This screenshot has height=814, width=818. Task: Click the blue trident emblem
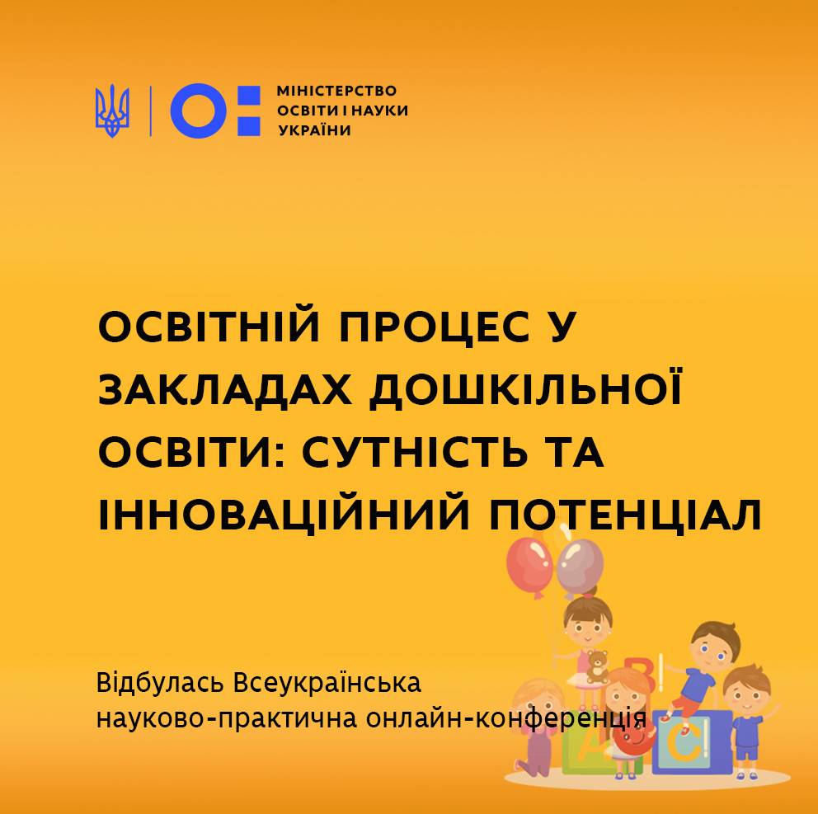(x=112, y=111)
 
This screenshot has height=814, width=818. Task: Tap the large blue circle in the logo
(x=198, y=111)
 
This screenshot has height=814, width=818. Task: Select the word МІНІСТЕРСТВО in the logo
(x=336, y=91)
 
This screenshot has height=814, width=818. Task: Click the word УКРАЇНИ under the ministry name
(x=314, y=130)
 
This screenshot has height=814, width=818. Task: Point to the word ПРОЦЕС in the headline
(x=435, y=327)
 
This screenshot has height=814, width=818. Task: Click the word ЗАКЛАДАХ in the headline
(x=225, y=390)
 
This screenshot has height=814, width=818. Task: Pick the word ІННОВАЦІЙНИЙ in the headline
(x=284, y=515)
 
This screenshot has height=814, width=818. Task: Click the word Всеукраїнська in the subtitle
(x=327, y=683)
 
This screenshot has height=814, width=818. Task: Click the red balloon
(x=529, y=566)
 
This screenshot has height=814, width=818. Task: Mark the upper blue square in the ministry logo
(x=249, y=96)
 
